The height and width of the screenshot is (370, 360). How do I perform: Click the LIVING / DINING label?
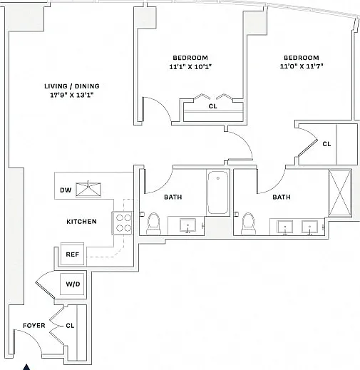(72, 86)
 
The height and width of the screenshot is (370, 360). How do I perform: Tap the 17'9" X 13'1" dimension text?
(72, 95)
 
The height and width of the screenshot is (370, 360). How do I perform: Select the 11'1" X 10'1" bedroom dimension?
(190, 67)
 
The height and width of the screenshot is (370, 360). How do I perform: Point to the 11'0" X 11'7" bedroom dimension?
(302, 66)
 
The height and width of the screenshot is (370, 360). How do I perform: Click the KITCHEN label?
(81, 222)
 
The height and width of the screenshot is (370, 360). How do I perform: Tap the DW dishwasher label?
(66, 190)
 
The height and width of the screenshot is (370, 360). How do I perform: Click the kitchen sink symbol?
(88, 190)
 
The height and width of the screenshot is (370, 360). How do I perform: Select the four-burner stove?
(122, 223)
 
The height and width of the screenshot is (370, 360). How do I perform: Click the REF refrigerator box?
(73, 254)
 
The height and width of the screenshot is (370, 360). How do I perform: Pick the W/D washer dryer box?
(73, 284)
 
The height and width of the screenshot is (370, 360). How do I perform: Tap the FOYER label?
(34, 325)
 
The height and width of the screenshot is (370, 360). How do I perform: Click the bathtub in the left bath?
(217, 192)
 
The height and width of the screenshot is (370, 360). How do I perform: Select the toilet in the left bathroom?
(153, 223)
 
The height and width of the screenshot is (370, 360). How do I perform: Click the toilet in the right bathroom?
(248, 223)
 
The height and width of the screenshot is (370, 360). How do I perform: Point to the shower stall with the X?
(340, 193)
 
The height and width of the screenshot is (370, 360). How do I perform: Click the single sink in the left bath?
(187, 225)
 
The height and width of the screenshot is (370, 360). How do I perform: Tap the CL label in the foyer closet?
(70, 326)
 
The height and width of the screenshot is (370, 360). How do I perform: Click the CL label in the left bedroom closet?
(212, 106)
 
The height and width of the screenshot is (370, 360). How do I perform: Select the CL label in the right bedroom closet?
(326, 144)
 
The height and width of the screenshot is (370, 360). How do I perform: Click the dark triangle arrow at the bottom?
(26, 367)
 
